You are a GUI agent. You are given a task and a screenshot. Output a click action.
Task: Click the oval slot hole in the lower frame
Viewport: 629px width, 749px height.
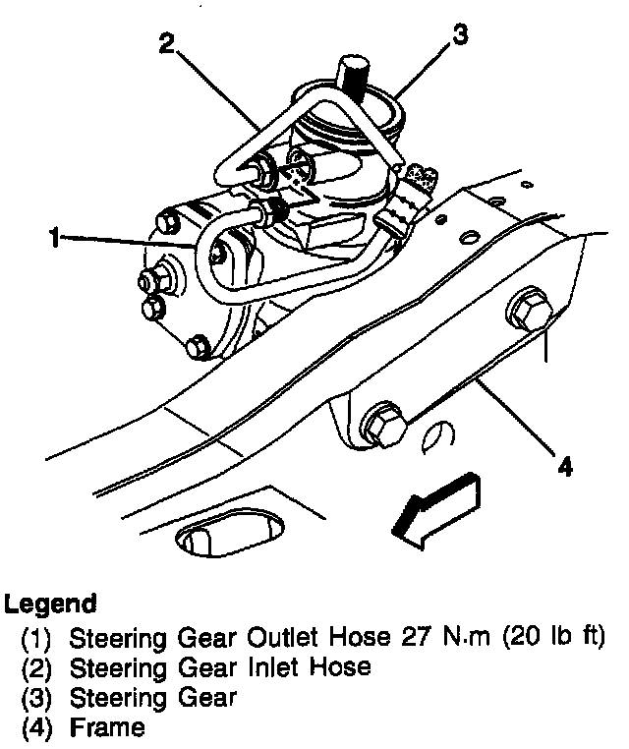227,536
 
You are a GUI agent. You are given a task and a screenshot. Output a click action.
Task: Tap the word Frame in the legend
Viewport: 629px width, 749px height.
107,728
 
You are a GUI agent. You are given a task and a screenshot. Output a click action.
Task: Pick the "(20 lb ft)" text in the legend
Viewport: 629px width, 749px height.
552,637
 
